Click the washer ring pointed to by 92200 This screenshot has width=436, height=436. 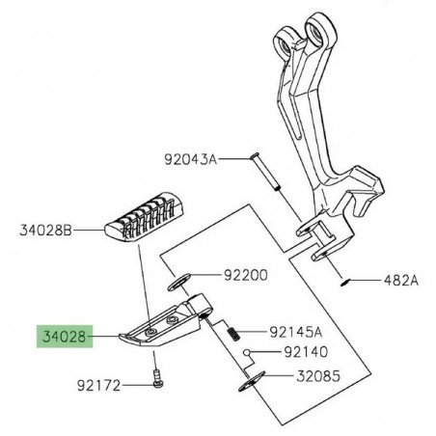[178, 282]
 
